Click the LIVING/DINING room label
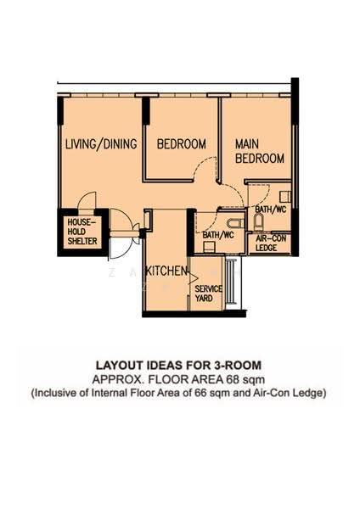pyautogui.click(x=101, y=144)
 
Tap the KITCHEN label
pyautogui.click(x=166, y=271)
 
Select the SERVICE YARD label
pyautogui.click(x=208, y=294)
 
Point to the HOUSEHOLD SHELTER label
pyautogui.click(x=82, y=232)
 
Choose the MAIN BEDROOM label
pyautogui.click(x=260, y=151)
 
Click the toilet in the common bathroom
pyautogui.click(x=234, y=224)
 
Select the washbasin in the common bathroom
pyautogui.click(x=208, y=248)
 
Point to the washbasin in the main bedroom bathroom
pyautogui.click(x=285, y=197)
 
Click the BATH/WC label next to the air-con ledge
pyautogui.click(x=271, y=210)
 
